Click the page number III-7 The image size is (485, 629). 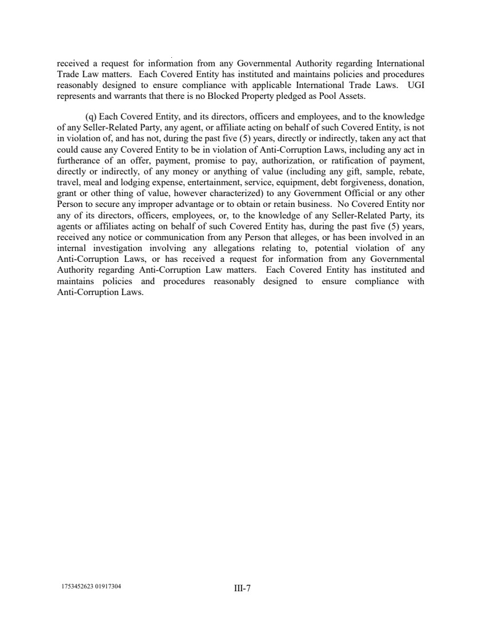tap(242, 588)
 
